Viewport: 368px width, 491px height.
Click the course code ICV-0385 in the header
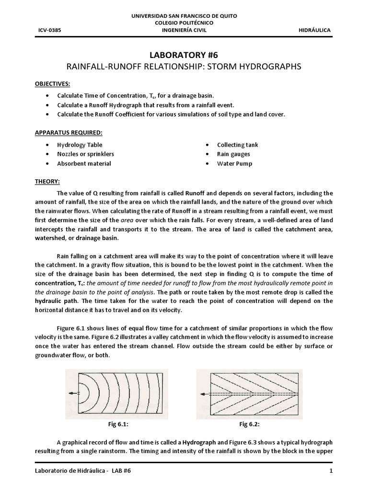point(49,30)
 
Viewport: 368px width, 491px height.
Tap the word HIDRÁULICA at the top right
point(314,30)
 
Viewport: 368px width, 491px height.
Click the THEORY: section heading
point(47,182)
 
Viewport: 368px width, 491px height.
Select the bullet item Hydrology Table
point(80,145)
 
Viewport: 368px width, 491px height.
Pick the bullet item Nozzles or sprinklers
point(85,154)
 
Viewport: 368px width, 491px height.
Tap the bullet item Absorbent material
point(84,164)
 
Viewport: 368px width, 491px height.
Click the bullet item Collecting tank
point(237,145)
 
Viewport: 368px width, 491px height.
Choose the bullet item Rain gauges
point(233,154)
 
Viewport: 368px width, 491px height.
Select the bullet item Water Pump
point(234,164)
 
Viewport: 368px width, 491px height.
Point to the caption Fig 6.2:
point(249,424)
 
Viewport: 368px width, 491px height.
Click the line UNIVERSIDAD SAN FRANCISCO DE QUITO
point(184,16)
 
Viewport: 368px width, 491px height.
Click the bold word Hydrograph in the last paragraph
point(199,442)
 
